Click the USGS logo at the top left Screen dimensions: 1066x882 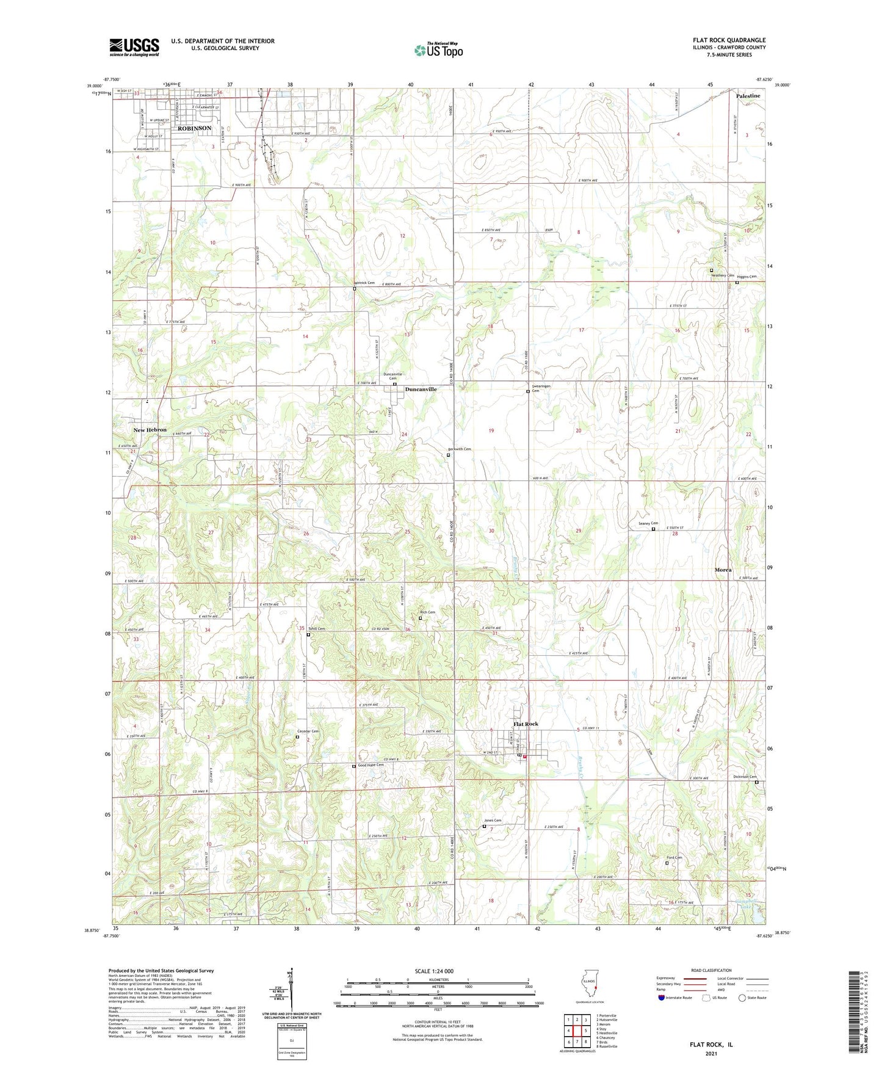tap(134, 47)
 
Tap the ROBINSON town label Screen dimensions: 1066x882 tap(194, 128)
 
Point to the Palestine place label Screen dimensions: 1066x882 tap(748, 96)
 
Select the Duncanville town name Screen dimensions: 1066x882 tap(421, 389)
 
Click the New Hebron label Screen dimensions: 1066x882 tap(150, 430)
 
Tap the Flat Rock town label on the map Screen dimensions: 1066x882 tap(526, 723)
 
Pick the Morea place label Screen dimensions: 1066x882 tap(723, 570)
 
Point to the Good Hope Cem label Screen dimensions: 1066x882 tap(371, 765)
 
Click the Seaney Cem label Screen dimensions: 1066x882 tap(648, 523)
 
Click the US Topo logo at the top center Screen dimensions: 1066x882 tap(438, 50)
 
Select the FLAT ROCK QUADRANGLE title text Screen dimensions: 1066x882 tap(729, 40)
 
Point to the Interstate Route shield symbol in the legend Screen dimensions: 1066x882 tap(661, 998)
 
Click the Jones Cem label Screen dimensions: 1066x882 tap(493, 820)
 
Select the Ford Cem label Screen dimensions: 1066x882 tap(674, 857)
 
